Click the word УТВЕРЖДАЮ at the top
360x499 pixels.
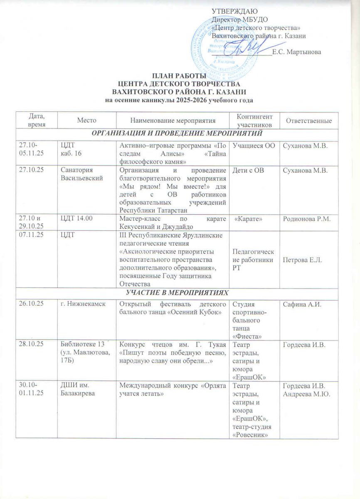pyautogui.click(x=235, y=11)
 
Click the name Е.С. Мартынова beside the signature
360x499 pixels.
pyautogui.click(x=296, y=52)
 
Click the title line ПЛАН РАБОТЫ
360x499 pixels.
pyautogui.click(x=179, y=76)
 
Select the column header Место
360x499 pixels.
pyautogui.click(x=86, y=121)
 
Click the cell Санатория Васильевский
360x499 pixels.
pyautogui.click(x=82, y=174)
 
